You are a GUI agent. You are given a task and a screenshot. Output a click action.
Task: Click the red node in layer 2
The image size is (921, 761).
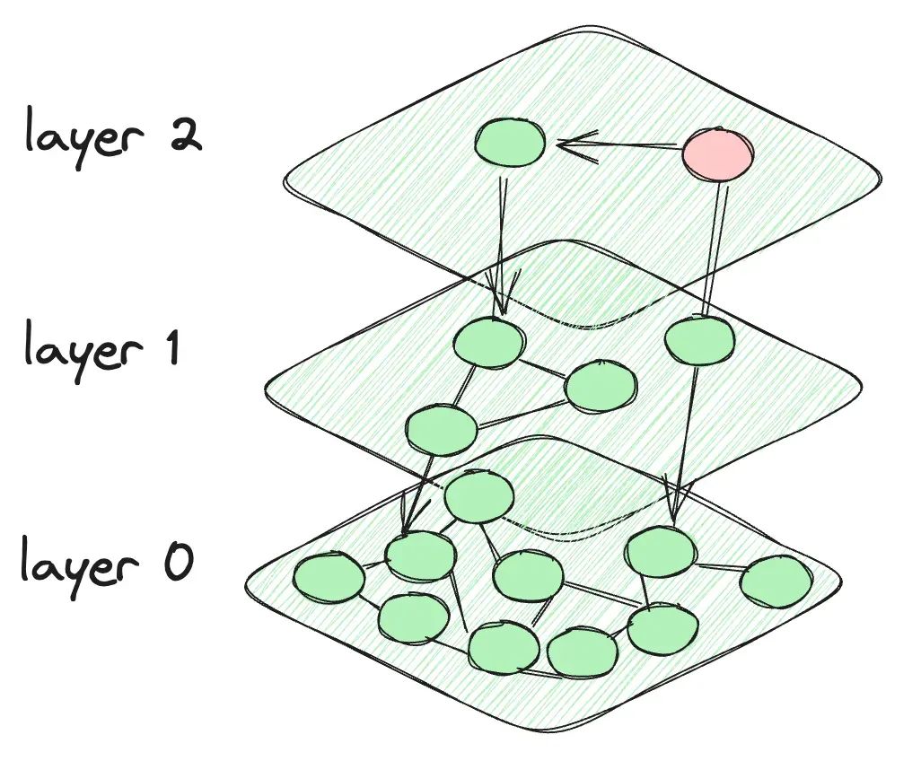point(718,154)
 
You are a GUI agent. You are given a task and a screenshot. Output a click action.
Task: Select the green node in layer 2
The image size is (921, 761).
point(509,143)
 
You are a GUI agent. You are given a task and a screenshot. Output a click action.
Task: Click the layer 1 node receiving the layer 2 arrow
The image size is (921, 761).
point(489,343)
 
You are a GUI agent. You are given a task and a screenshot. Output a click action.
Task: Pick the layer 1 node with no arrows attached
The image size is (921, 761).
point(601,387)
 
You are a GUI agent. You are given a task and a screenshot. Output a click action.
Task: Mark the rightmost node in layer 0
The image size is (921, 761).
point(776,582)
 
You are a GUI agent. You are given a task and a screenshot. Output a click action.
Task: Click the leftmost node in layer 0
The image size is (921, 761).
point(329,580)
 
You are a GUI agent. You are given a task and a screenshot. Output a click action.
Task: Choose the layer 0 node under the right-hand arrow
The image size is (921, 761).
point(662,552)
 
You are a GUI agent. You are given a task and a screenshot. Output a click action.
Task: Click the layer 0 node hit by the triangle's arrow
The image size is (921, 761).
point(420,555)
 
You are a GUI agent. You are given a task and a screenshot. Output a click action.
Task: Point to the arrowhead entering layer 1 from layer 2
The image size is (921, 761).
point(502,301)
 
